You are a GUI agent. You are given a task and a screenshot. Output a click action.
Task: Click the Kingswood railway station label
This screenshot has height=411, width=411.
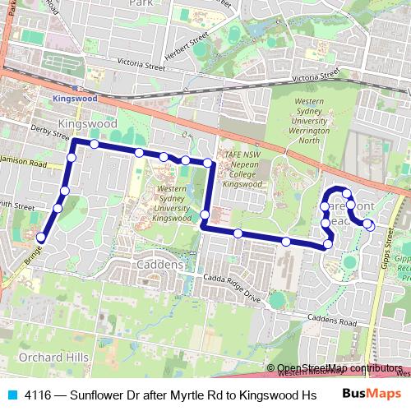75,97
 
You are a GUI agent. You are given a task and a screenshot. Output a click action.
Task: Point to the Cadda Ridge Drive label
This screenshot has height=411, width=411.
233,290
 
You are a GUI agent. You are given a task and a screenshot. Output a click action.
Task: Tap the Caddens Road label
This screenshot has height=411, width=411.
330,317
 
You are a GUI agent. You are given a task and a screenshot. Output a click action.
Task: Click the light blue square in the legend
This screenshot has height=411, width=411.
12,394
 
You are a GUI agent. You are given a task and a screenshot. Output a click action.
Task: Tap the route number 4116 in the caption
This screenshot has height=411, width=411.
36,394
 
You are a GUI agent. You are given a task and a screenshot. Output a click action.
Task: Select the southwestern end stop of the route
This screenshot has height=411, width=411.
39,238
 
